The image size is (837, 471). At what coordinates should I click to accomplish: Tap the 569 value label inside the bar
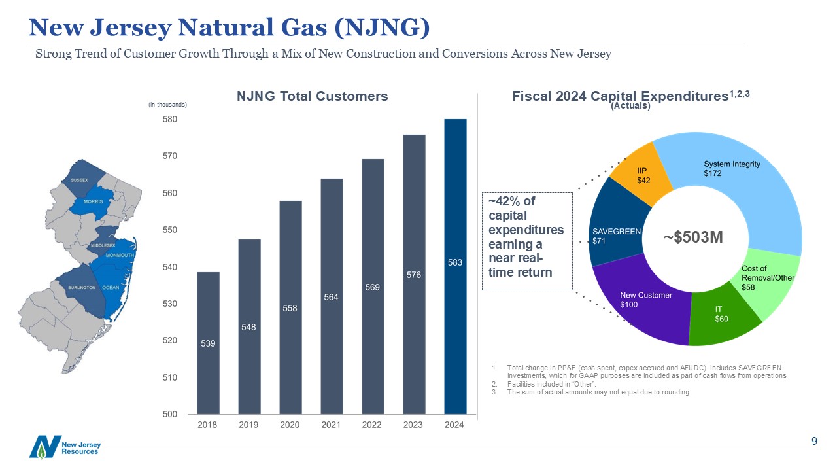(373, 287)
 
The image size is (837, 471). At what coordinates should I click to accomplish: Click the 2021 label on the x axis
(331, 425)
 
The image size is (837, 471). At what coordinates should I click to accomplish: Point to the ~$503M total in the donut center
(693, 237)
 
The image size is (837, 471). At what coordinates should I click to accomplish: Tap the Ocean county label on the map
(111, 287)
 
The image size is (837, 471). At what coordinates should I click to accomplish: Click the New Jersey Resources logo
(64, 447)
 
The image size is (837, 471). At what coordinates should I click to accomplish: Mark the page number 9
(814, 441)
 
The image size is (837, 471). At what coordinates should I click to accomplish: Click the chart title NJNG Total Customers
(312, 96)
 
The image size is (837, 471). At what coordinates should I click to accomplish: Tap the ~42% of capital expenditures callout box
(526, 241)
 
